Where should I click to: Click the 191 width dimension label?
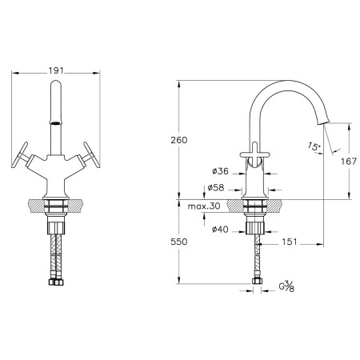[56, 70]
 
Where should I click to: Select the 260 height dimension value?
[179, 140]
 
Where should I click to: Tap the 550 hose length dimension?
[179, 242]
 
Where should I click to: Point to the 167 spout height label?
[349, 161]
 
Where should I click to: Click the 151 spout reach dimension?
[290, 242]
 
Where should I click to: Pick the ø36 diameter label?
[221, 171]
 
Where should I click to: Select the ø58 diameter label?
[216, 187]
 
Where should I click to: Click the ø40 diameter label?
[220, 229]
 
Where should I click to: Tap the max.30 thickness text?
[204, 206]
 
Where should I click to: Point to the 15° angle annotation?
[314, 146]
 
